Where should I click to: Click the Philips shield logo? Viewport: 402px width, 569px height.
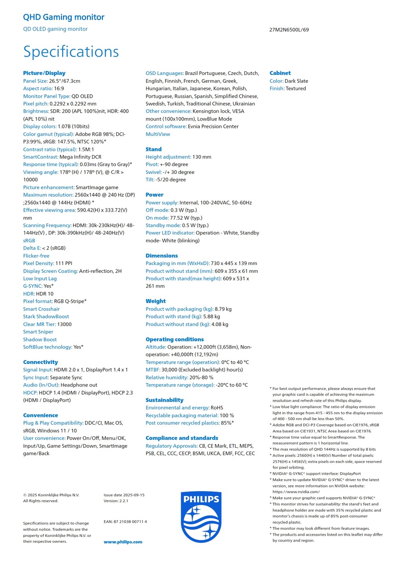point(201,517)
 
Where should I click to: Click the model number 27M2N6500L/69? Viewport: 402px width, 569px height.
point(289,30)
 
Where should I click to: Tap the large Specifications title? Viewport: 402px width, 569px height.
point(71,52)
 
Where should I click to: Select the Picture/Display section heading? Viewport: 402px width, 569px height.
point(44,73)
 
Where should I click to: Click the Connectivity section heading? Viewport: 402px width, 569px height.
point(40,362)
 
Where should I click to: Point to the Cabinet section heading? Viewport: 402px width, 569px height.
point(280,73)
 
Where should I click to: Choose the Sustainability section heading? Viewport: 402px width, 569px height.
point(164,400)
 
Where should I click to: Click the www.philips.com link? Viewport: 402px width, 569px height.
point(123,542)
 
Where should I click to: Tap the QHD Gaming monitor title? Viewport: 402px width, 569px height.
point(64,17)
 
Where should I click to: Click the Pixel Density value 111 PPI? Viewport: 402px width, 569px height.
point(64,263)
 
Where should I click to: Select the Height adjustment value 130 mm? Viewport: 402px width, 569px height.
point(202,157)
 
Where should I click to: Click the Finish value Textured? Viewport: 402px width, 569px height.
point(296,89)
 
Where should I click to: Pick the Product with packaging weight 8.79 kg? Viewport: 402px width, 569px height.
point(223,309)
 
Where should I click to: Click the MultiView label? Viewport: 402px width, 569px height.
point(158,134)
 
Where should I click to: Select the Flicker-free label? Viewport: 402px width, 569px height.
point(36,256)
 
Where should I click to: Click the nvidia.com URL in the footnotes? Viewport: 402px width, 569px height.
point(296,492)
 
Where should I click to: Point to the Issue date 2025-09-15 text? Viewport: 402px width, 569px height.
point(124,495)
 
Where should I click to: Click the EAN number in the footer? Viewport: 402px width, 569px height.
point(125,521)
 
